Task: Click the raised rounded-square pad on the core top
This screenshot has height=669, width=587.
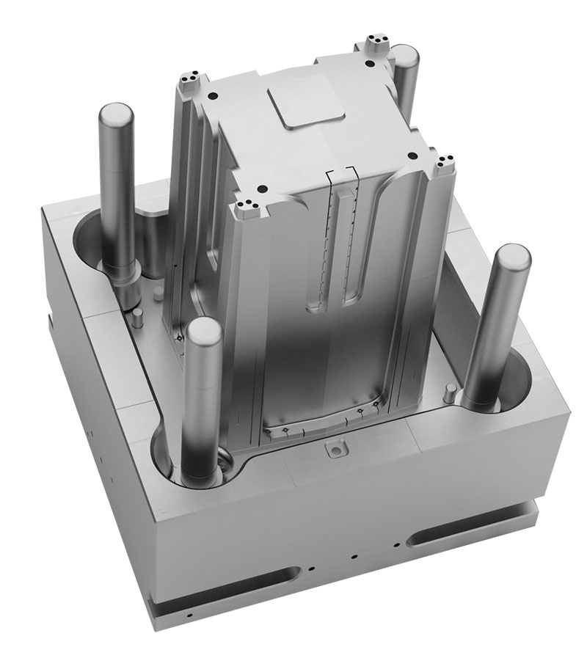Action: tap(307, 110)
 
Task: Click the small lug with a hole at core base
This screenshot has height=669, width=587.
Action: tap(335, 447)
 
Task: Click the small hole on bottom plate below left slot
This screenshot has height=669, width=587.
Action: tap(189, 614)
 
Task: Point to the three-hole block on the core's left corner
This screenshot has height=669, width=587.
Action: tap(189, 76)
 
